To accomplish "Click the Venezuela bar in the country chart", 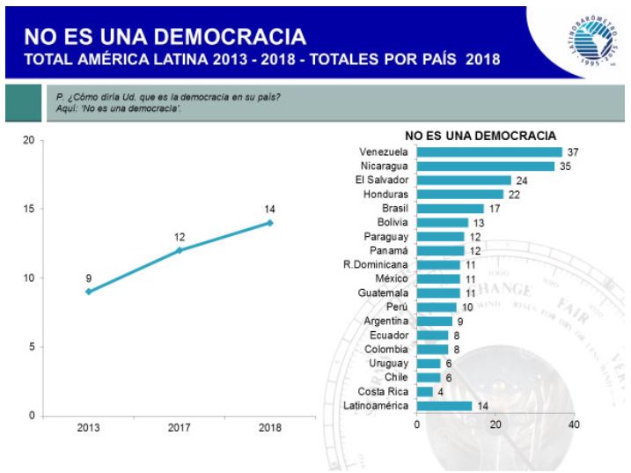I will [x=488, y=152].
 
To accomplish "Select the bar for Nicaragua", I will [x=485, y=166].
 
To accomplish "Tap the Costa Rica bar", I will [x=424, y=391].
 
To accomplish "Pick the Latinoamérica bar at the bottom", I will [x=444, y=405].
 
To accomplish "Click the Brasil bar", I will [x=450, y=209].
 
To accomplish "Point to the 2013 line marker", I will [x=88, y=292].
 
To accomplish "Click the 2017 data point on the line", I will [x=179, y=250].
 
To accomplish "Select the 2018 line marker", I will [x=270, y=223].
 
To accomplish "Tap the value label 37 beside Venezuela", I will [x=573, y=152].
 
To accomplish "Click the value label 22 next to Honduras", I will [x=514, y=195].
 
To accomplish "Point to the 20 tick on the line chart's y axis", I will [x=28, y=141].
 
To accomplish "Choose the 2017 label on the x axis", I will [x=179, y=428].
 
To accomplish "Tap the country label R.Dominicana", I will [x=376, y=264].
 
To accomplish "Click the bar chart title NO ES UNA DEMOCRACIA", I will [x=480, y=136].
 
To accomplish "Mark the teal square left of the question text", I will [x=22, y=104].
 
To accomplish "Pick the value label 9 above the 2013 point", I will [x=88, y=278].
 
